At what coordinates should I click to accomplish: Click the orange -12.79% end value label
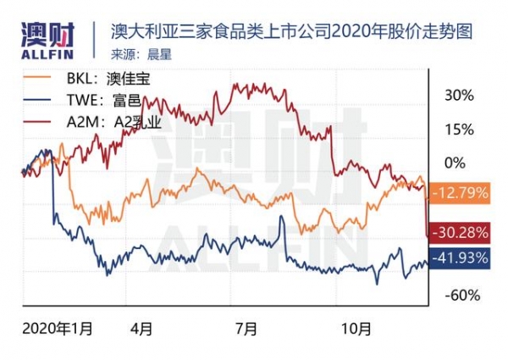(460, 193)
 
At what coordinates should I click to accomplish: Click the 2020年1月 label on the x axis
(58, 326)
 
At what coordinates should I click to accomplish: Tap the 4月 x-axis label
(141, 326)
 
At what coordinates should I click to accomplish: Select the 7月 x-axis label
(246, 326)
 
